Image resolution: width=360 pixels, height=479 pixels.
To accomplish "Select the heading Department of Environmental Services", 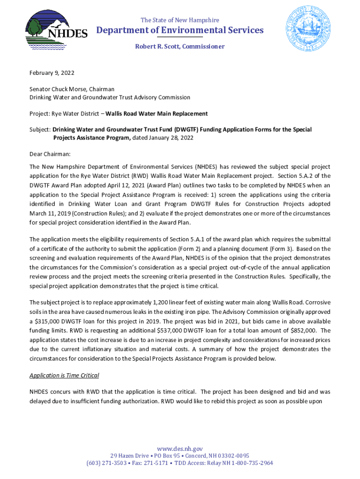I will pyautogui.click(x=180, y=30).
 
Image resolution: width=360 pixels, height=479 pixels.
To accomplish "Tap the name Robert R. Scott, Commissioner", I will pyautogui.click(x=180, y=46).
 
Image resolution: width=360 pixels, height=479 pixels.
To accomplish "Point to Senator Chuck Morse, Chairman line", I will pyautogui.click(x=72, y=89).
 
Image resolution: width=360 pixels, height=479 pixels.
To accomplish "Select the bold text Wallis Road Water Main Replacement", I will pyautogui.click(x=157, y=114).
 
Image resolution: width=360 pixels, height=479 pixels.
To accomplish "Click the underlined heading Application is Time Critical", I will pyautogui.click(x=64, y=375).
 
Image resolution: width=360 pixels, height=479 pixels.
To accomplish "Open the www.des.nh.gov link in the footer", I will pyautogui.click(x=180, y=449).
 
